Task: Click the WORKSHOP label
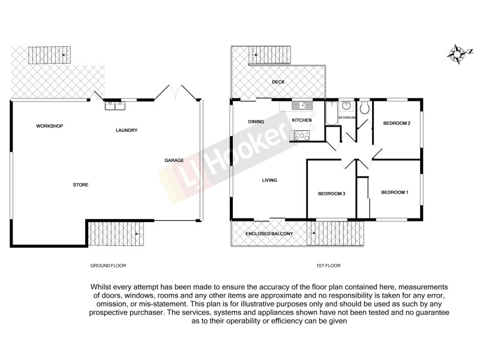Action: pos(49,126)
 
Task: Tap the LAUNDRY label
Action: pos(127,130)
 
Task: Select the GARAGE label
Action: pos(174,160)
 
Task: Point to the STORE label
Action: pos(80,185)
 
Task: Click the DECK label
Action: pos(278,82)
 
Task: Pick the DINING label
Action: pos(256,122)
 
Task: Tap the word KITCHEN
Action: pos(302,121)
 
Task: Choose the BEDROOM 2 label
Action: pos(397,124)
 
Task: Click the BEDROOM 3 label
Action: pos(332,193)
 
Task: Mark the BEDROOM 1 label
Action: pos(395,192)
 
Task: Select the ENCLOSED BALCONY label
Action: pos(269,233)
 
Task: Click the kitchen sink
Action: pos(303,106)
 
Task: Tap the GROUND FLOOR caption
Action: pos(108,265)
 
